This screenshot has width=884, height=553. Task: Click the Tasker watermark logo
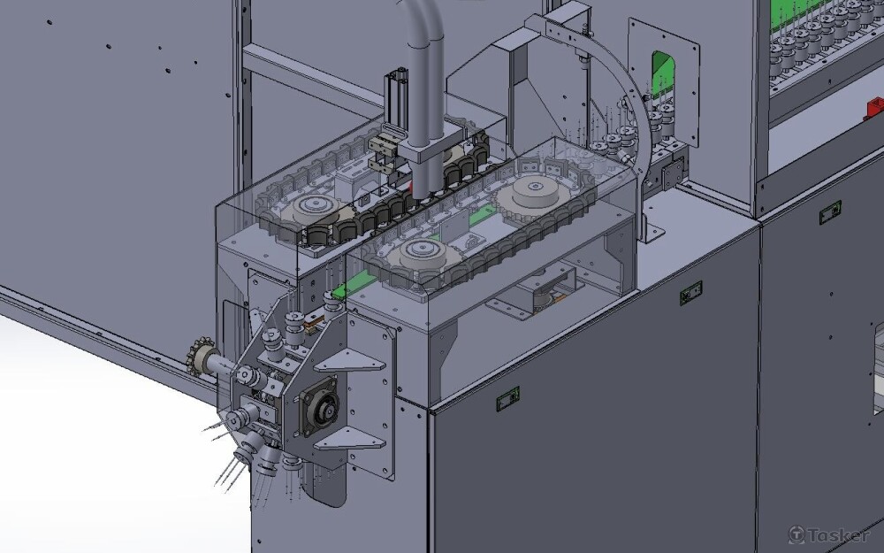tap(829, 534)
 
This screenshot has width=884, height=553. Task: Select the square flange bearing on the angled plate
tap(319, 406)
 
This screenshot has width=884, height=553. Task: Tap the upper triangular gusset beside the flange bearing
tap(349, 360)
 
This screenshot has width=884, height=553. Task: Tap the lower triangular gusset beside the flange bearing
tap(349, 438)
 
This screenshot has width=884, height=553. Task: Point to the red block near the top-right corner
tap(875, 108)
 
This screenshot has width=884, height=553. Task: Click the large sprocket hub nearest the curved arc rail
tap(530, 193)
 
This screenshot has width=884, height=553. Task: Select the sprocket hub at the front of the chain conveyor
tap(421, 252)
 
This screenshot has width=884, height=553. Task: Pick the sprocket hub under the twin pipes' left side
tap(312, 210)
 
